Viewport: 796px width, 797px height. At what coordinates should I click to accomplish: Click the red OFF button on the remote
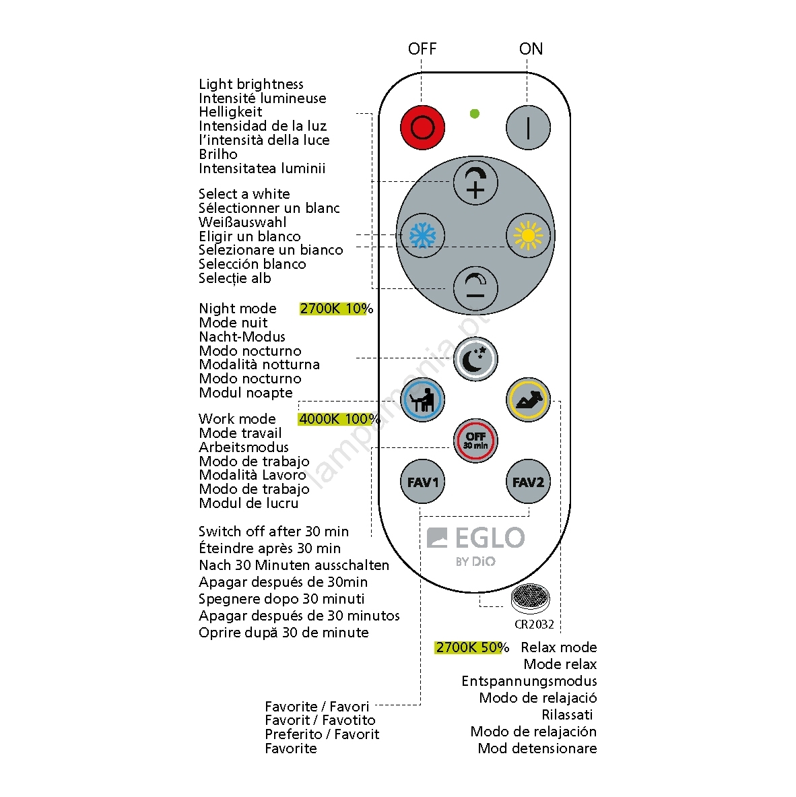click(x=422, y=127)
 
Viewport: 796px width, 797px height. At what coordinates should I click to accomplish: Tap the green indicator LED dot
click(x=475, y=114)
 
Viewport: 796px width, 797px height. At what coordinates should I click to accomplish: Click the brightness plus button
click(x=475, y=183)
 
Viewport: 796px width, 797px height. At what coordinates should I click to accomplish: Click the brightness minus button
click(x=475, y=288)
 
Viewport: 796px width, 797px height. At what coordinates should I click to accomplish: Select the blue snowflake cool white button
click(x=422, y=236)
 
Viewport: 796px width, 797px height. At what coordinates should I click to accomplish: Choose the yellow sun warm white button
click(x=528, y=236)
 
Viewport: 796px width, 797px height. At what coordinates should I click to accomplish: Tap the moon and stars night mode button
click(x=475, y=358)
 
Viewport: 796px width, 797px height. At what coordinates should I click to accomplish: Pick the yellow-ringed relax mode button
click(x=528, y=400)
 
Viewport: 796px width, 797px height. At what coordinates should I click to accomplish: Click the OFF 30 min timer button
click(x=475, y=441)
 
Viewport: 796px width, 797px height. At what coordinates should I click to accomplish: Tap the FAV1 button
click(x=422, y=482)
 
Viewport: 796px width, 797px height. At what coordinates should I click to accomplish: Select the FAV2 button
click(x=528, y=482)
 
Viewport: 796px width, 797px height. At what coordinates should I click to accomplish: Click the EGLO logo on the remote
click(x=476, y=538)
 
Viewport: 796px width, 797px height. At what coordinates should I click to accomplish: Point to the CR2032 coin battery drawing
click(x=530, y=597)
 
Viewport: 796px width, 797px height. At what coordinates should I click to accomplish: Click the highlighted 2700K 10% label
click(x=335, y=309)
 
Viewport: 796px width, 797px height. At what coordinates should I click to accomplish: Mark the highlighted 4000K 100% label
click(x=339, y=419)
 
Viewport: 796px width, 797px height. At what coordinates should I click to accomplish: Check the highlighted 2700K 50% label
click(x=471, y=647)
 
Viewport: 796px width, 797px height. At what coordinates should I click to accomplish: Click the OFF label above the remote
click(x=422, y=49)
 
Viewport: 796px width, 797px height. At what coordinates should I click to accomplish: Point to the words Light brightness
click(x=251, y=84)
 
